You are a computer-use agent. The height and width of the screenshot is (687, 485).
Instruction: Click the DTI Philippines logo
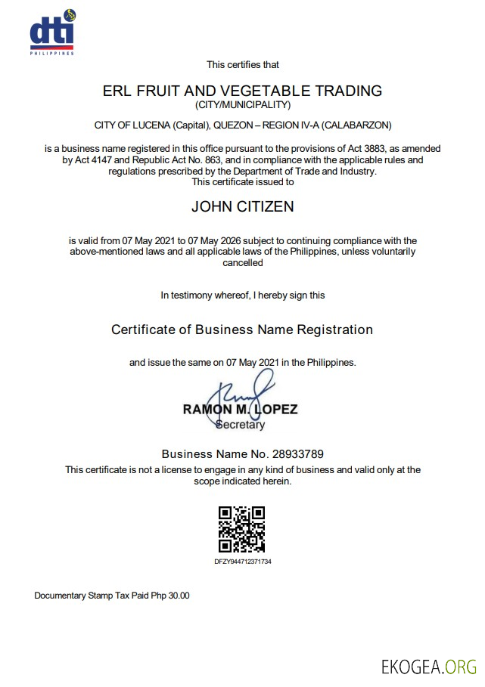pos(53,32)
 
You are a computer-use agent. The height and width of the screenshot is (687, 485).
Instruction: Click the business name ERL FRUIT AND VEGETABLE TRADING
pos(242,91)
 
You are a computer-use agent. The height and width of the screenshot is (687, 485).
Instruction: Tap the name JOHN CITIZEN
pos(242,206)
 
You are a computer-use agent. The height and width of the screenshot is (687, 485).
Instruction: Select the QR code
pos(242,530)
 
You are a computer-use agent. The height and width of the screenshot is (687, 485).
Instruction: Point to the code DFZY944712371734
pos(242,562)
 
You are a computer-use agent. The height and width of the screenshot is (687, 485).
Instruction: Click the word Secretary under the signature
pos(241,425)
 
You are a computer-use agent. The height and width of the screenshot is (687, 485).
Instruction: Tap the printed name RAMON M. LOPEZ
pos(240,410)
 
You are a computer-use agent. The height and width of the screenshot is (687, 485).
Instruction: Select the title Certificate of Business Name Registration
pos(242,330)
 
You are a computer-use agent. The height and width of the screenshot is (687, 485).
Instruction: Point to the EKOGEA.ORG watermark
pos(429,666)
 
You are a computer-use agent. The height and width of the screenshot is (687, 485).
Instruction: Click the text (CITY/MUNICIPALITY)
pos(242,105)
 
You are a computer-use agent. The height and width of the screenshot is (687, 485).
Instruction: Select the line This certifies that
pos(242,65)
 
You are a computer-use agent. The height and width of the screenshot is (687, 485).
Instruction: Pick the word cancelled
pos(242,263)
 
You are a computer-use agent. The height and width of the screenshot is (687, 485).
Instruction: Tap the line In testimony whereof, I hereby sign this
pos(242,296)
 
